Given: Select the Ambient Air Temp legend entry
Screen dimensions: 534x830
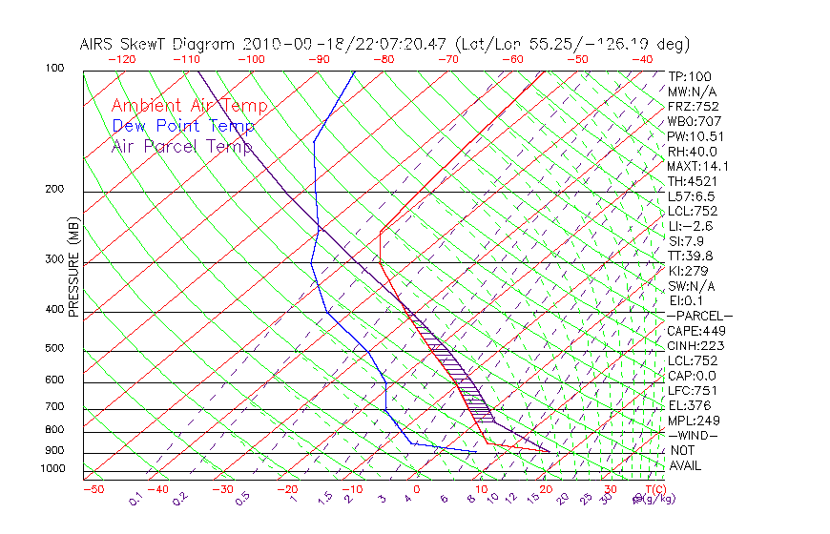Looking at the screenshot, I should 189,106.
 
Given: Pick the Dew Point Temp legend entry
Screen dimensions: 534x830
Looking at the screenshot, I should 183,126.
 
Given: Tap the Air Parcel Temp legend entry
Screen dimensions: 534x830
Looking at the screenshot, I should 181,146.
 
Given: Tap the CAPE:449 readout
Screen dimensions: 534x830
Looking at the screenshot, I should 694,331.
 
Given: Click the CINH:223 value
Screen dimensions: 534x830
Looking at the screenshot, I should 693,345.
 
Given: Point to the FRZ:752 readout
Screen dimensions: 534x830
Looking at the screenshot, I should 693,106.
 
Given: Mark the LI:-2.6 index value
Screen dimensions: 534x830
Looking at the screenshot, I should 690,226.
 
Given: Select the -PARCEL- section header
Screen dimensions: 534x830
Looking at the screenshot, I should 699,316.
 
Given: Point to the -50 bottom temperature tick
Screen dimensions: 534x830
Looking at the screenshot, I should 93,489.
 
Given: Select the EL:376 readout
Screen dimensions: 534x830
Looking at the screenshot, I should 689,405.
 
